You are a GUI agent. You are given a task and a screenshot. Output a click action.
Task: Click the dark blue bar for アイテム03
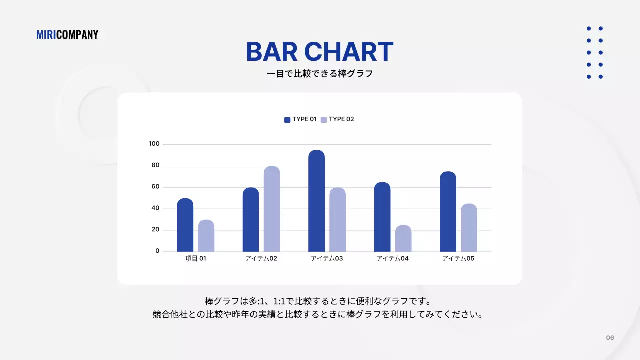click(x=316, y=201)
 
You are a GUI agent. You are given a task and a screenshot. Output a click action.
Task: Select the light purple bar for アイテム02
click(x=272, y=209)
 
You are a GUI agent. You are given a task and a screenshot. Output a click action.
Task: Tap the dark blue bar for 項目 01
click(x=185, y=225)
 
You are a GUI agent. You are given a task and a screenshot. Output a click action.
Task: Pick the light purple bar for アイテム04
click(x=403, y=238)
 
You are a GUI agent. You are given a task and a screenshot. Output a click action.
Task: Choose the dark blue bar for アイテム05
click(x=448, y=211)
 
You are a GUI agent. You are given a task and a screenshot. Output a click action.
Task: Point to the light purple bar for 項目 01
click(x=206, y=235)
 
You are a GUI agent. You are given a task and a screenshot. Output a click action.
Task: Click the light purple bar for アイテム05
click(x=469, y=227)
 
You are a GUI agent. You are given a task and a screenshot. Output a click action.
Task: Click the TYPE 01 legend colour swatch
click(x=287, y=120)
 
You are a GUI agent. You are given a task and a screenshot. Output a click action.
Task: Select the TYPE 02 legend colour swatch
click(x=324, y=120)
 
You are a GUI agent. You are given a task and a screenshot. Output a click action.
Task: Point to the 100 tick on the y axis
click(x=154, y=144)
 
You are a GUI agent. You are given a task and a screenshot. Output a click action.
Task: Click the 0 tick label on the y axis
click(x=157, y=251)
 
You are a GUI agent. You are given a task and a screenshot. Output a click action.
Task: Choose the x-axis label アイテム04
click(x=392, y=259)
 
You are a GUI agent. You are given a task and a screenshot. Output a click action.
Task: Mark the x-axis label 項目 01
click(x=195, y=259)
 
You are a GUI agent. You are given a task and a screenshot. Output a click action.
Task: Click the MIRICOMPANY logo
click(x=67, y=35)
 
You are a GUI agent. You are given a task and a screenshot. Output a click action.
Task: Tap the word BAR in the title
click(x=272, y=52)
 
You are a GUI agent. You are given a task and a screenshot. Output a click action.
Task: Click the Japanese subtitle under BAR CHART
click(x=320, y=74)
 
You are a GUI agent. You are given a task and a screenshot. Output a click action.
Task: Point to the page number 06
click(x=610, y=338)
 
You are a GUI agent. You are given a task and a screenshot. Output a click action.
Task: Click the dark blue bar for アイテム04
click(x=382, y=217)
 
